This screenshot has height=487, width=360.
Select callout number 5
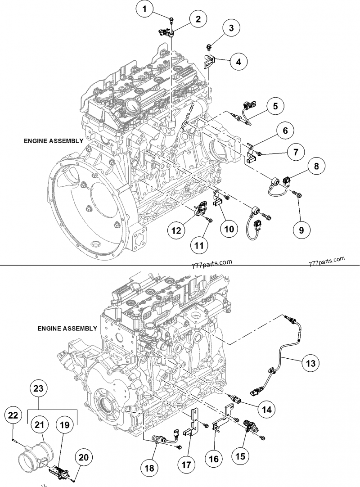275,107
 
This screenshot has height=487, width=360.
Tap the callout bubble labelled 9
301,230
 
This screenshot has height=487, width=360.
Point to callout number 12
177,230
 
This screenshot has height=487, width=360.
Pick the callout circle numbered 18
150,469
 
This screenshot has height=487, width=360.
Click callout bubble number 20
84,457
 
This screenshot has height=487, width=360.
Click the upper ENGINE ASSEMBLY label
54,141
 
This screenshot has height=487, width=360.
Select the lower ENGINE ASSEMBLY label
67,329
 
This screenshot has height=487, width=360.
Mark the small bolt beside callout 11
209,219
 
